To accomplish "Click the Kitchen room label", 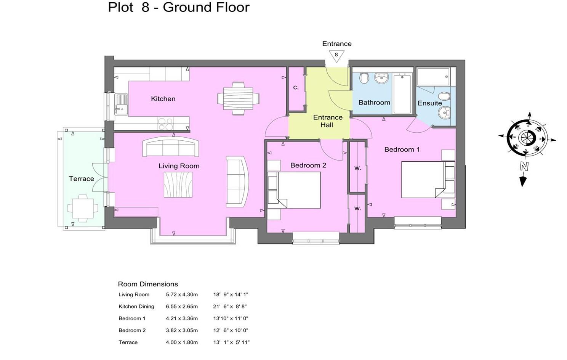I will (163, 99).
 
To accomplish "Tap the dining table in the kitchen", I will (238, 98).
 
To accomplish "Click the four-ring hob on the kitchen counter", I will (165, 124).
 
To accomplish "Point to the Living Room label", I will (179, 166).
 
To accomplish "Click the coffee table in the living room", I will (178, 185).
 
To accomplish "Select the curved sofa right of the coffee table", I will (237, 182).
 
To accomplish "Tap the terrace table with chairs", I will (83, 209).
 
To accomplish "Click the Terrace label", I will (81, 179).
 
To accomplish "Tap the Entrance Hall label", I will (327, 121).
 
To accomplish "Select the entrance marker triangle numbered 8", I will (336, 56).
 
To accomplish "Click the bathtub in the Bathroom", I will (402, 94).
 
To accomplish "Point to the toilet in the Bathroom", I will (364, 78).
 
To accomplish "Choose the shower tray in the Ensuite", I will (433, 77).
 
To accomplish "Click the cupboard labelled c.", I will (296, 88).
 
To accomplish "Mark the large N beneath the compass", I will (524, 166).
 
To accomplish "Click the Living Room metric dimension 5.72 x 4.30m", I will (182, 294).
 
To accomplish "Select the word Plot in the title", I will (121, 7).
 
